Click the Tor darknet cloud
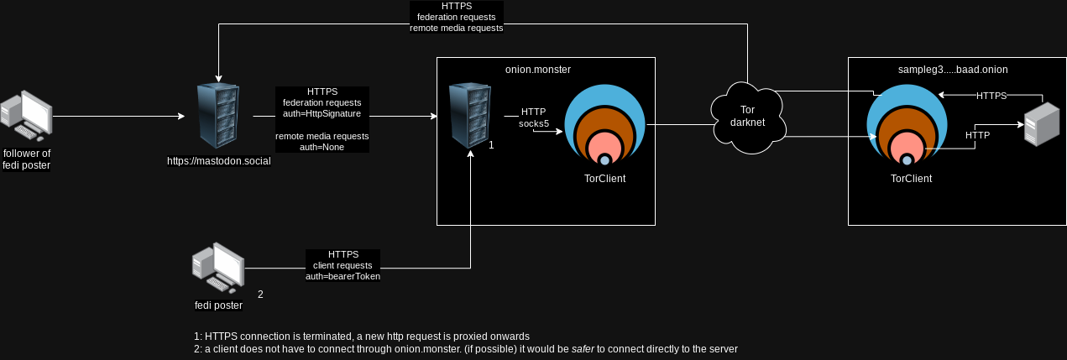747,118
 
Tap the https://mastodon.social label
219,160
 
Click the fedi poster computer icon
217,269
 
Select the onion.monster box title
538,70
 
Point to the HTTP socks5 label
534,117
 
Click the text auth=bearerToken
343,276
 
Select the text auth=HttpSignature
322,113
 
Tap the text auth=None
322,147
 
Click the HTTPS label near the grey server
991,96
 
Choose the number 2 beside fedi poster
260,295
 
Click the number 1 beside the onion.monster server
491,144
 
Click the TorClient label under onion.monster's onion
604,179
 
